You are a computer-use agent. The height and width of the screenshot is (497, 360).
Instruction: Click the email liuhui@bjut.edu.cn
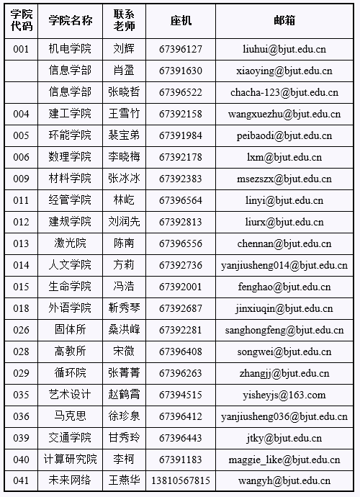pyautogui.click(x=284, y=49)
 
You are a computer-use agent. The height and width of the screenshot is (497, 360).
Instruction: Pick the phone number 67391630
pyautogui.click(x=181, y=71)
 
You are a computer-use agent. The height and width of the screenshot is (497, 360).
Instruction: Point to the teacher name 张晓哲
pyautogui.click(x=124, y=92)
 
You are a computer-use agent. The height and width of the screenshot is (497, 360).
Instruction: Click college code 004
pyautogui.click(x=22, y=114)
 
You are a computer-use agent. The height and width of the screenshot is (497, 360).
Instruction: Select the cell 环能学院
pyautogui.click(x=70, y=135)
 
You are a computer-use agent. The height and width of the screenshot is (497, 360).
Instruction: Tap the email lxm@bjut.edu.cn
pyautogui.click(x=284, y=157)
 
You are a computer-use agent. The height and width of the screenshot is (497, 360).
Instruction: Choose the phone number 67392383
pyautogui.click(x=181, y=179)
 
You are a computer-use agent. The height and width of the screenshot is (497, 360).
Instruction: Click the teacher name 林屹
pyautogui.click(x=124, y=200)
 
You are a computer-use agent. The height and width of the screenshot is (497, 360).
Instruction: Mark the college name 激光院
pyautogui.click(x=70, y=243)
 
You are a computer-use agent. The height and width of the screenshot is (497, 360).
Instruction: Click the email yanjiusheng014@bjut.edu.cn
pyautogui.click(x=284, y=265)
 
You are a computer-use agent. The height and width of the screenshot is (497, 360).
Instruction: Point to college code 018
pyautogui.click(x=22, y=308)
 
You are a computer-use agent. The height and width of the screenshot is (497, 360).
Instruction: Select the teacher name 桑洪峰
pyautogui.click(x=124, y=330)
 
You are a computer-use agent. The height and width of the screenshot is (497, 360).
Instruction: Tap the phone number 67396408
pyautogui.click(x=181, y=352)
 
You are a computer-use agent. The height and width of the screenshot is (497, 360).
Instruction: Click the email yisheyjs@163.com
pyautogui.click(x=284, y=395)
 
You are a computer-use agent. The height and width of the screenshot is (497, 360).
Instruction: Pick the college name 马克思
pyautogui.click(x=70, y=416)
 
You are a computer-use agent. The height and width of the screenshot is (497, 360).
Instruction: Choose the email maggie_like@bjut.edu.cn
pyautogui.click(x=284, y=460)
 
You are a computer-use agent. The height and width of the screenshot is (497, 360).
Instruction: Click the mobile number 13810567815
pyautogui.click(x=181, y=481)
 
